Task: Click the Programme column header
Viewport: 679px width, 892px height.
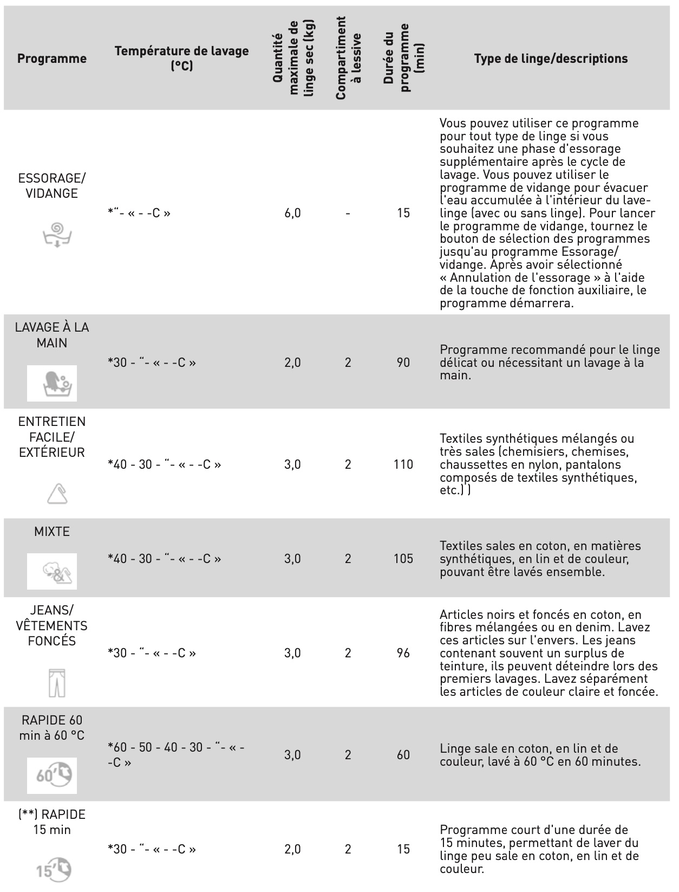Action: point(52,59)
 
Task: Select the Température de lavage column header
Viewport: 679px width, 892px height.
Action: point(181,58)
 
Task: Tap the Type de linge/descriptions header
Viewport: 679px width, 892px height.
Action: point(551,59)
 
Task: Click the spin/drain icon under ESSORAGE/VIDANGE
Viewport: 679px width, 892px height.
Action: point(57,234)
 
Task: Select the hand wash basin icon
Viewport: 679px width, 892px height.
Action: point(52,383)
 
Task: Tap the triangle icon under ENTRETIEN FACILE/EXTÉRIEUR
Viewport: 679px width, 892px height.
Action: point(57,494)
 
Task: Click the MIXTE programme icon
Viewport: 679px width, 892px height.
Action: point(52,571)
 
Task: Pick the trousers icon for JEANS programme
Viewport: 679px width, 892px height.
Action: point(57,682)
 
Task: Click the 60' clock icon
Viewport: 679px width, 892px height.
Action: point(52,775)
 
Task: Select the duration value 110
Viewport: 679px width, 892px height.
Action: point(403,464)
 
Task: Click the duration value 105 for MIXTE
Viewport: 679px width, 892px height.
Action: point(403,559)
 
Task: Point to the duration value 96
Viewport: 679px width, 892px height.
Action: point(403,653)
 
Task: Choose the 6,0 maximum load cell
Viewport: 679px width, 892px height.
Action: point(292,213)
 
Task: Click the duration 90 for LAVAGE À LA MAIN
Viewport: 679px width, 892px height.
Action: point(403,363)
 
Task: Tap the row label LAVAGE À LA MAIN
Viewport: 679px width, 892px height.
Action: point(52,335)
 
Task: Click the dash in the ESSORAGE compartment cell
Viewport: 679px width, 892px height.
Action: point(348,213)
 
